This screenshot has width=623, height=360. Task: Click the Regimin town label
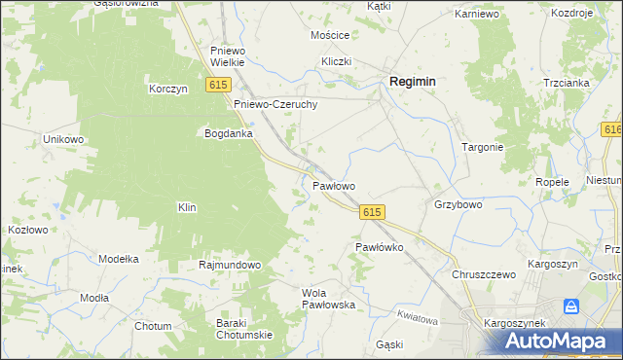tap(412, 83)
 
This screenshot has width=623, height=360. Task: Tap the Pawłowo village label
tap(333, 185)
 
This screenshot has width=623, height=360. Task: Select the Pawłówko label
tap(379, 247)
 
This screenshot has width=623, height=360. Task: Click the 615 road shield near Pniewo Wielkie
tap(218, 87)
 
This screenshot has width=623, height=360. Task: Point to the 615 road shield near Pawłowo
tap(372, 212)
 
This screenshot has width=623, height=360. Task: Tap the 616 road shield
tap(612, 129)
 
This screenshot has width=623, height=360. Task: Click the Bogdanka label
tap(229, 133)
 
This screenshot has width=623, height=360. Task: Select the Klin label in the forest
tap(187, 207)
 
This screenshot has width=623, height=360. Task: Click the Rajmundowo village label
tap(230, 265)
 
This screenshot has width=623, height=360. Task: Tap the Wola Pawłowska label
tap(328, 299)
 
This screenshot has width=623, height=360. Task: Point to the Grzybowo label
tap(458, 205)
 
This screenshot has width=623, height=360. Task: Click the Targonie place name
tap(482, 148)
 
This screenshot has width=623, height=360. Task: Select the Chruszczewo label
tap(483, 274)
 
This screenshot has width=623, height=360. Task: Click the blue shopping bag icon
tap(572, 306)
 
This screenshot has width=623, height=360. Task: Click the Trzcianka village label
tap(567, 83)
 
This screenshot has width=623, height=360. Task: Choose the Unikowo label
tap(64, 139)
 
